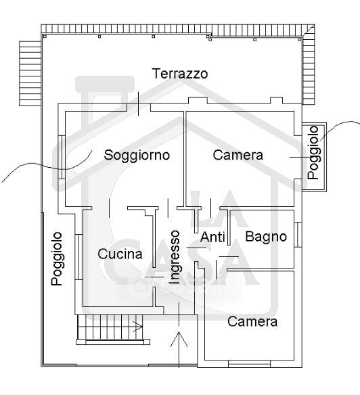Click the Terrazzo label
[x=180, y=74]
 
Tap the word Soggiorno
[x=137, y=155]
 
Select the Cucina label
[x=120, y=254]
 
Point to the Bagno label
[x=266, y=237]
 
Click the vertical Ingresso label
[x=175, y=257]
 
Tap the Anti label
[x=212, y=237]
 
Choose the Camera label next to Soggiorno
[x=238, y=155]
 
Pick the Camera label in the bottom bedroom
[x=252, y=322]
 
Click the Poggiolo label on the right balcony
[x=314, y=153]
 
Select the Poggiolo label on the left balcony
[x=58, y=259]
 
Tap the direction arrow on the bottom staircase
[x=137, y=327]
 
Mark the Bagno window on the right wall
[x=298, y=235]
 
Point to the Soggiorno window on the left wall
[x=62, y=157]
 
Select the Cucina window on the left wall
[x=79, y=257]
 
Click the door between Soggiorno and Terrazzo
[x=139, y=103]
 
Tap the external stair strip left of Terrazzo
[x=30, y=73]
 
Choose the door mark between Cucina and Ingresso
[x=154, y=277]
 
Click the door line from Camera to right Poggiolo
[x=300, y=157]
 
